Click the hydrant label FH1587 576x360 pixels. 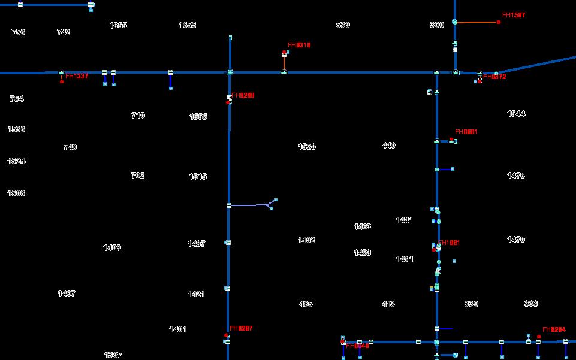pos(514,15)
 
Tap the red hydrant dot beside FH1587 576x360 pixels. pos(499,22)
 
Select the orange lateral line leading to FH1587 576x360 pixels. pos(477,22)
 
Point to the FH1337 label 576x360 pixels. pos(77,76)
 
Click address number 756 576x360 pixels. pos(18,32)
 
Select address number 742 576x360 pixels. pos(63,32)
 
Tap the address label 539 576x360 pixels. pos(343,25)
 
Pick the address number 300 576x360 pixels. pos(436,25)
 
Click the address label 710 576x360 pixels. pos(138,115)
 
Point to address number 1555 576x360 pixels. pos(198,116)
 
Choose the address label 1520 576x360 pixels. pos(306,146)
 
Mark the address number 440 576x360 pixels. pos(388,145)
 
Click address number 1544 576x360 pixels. pos(515,113)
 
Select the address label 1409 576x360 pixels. pos(111,247)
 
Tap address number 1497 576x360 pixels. pos(196,243)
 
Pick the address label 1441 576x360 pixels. pos(404,220)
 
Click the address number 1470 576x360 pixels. pos(515,239)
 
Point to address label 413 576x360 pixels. pos(388,304)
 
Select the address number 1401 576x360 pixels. pos(177,329)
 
